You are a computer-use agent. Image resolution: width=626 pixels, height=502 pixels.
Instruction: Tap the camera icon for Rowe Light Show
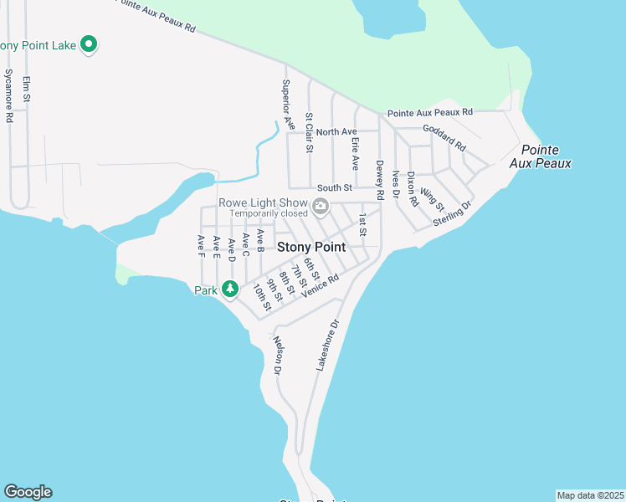pos(320,207)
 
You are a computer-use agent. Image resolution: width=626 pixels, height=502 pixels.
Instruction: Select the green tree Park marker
pos(230,289)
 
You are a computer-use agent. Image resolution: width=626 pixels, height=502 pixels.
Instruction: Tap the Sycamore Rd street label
pos(9,95)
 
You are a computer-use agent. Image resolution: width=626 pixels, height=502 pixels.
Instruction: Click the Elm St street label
pos(27,90)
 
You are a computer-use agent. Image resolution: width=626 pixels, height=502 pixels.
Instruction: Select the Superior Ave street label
pos(288,104)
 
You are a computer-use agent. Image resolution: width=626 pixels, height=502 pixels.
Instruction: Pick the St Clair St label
pos(309,133)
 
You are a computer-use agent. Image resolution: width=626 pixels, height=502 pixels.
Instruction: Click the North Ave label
pos(336,132)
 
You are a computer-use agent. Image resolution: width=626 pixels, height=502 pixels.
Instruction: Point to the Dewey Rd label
pos(379,180)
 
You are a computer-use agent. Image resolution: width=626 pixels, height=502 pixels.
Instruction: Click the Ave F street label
pos(201,248)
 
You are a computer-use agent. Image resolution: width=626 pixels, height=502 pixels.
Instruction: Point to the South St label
pos(328,189)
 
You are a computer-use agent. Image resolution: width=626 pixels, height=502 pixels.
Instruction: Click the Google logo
pos(28,492)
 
